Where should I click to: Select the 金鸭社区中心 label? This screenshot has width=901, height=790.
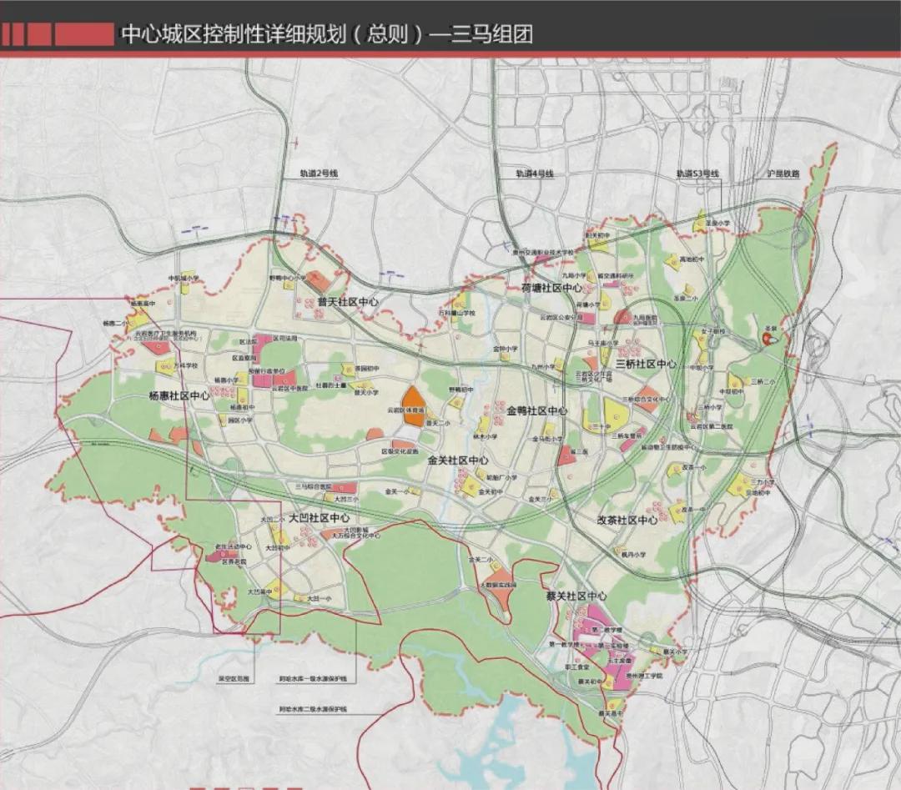[x=536, y=411]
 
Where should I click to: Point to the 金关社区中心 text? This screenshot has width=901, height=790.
[x=458, y=460]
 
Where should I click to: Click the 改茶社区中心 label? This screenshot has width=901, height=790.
[x=628, y=520]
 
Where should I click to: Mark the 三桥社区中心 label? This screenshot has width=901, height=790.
[x=646, y=365]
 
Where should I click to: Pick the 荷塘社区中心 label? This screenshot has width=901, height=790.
[x=552, y=288]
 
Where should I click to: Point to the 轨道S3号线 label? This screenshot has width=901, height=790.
[x=697, y=174]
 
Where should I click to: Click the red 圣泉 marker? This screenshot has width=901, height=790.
[x=768, y=340]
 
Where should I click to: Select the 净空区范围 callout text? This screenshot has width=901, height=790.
[x=233, y=679]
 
